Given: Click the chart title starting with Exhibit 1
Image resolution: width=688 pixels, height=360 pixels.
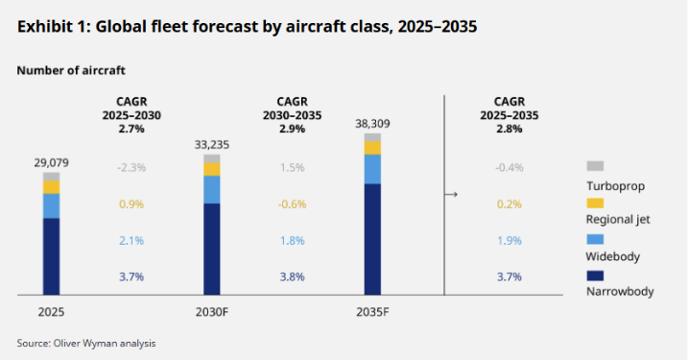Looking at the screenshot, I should click(x=248, y=27).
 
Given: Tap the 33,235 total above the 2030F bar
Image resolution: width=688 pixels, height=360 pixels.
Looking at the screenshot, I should click(x=212, y=144).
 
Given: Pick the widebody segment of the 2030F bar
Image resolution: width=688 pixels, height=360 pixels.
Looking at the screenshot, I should click(x=212, y=189).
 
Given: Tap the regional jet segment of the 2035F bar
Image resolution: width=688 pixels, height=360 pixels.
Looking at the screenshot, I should click(x=372, y=148).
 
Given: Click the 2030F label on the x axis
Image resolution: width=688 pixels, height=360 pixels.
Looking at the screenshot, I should click(x=212, y=312).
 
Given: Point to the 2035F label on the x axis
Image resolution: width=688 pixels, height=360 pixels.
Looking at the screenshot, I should click(x=372, y=312).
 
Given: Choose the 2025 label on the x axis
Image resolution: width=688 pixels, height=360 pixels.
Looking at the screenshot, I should click(x=51, y=312).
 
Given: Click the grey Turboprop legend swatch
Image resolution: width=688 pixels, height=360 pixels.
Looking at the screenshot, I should click(x=594, y=166).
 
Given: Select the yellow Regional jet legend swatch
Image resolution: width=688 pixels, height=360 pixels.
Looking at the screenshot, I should click(x=594, y=203).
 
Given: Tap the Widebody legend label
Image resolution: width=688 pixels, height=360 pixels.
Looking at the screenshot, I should click(x=612, y=256).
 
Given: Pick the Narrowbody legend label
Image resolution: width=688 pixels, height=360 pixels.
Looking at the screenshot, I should click(x=619, y=292).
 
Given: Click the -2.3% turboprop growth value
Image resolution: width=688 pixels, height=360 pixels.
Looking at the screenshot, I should click(x=131, y=168).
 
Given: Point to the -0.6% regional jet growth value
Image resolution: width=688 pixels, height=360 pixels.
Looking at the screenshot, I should click(x=291, y=204).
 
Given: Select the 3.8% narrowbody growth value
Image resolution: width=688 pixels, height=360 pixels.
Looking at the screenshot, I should click(x=291, y=277).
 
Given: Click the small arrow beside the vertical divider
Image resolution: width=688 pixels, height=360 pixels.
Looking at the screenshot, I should click(x=450, y=195).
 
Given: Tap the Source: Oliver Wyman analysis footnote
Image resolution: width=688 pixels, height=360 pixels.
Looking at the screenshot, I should click(x=86, y=343).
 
